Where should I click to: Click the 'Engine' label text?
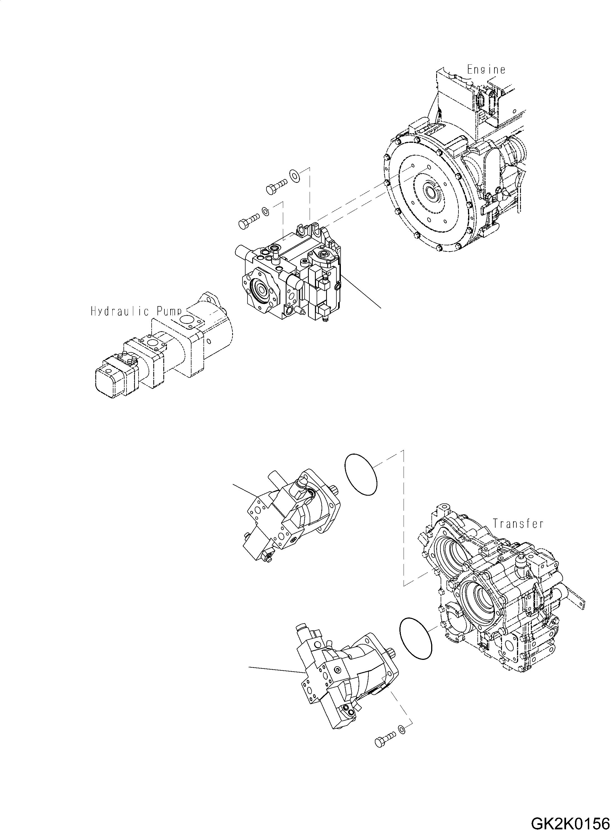point(486,69)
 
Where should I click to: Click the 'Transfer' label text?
point(518,524)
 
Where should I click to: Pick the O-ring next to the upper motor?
point(361,474)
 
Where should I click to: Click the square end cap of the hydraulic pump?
point(110,379)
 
